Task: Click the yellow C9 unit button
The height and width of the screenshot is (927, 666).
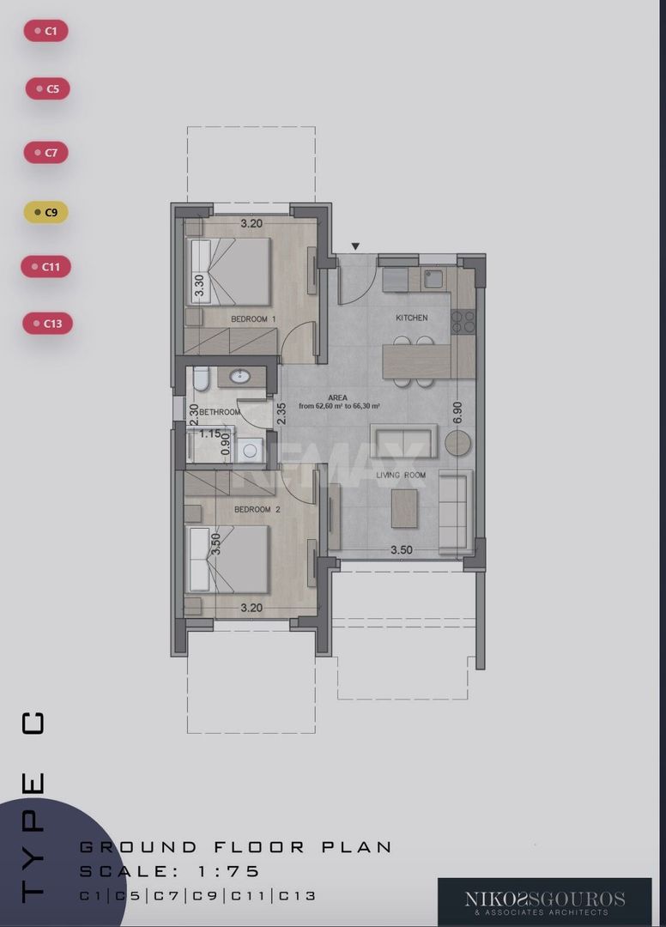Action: tap(46, 212)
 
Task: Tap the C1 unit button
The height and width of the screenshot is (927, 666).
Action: tap(46, 31)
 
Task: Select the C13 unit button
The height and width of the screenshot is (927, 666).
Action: tap(47, 324)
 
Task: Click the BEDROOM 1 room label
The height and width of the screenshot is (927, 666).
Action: tap(253, 319)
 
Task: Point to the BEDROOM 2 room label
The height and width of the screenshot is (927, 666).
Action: tap(257, 510)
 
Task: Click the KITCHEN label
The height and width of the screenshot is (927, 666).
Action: tap(412, 318)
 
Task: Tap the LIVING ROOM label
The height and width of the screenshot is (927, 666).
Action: tap(402, 476)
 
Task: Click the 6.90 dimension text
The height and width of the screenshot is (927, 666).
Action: tap(457, 413)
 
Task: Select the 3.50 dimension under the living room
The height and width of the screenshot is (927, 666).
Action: tap(402, 550)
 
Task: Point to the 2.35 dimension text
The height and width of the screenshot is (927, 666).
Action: tap(282, 413)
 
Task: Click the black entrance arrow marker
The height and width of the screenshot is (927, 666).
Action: tap(355, 246)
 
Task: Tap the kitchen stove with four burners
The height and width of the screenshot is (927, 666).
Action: tap(463, 322)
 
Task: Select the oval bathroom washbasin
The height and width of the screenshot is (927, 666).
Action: tap(240, 376)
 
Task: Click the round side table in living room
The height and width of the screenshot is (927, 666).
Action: tap(458, 442)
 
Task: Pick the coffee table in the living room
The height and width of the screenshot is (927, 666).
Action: tap(404, 508)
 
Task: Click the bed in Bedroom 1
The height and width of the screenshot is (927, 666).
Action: tap(228, 271)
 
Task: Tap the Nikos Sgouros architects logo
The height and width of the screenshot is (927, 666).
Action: tap(545, 902)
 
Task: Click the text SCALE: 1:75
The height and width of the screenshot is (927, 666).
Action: tap(170, 871)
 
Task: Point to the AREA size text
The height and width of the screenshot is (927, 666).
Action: tap(339, 402)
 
